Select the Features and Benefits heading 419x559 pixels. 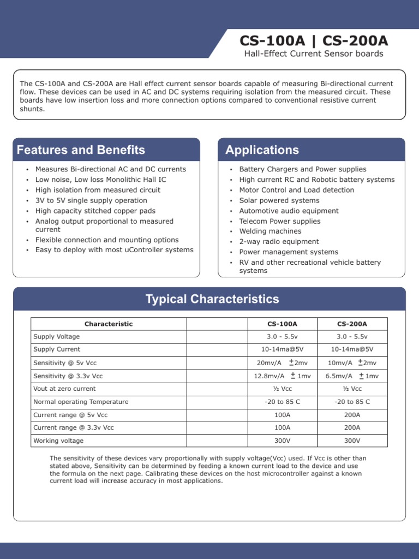[81, 150]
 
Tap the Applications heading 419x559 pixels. [262, 150]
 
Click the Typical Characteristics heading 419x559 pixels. [212, 299]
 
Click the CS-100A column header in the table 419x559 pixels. [282, 324]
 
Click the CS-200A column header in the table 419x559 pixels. [352, 324]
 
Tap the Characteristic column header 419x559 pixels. [108, 324]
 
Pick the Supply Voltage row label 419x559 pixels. [56, 337]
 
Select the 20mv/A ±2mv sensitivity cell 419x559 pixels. [282, 363]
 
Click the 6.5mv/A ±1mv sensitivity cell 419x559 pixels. [352, 376]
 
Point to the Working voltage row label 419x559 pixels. [58, 441]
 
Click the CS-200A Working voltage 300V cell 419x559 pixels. [352, 441]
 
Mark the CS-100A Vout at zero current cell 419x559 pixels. [282, 389]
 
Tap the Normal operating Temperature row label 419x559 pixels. [81, 402]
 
